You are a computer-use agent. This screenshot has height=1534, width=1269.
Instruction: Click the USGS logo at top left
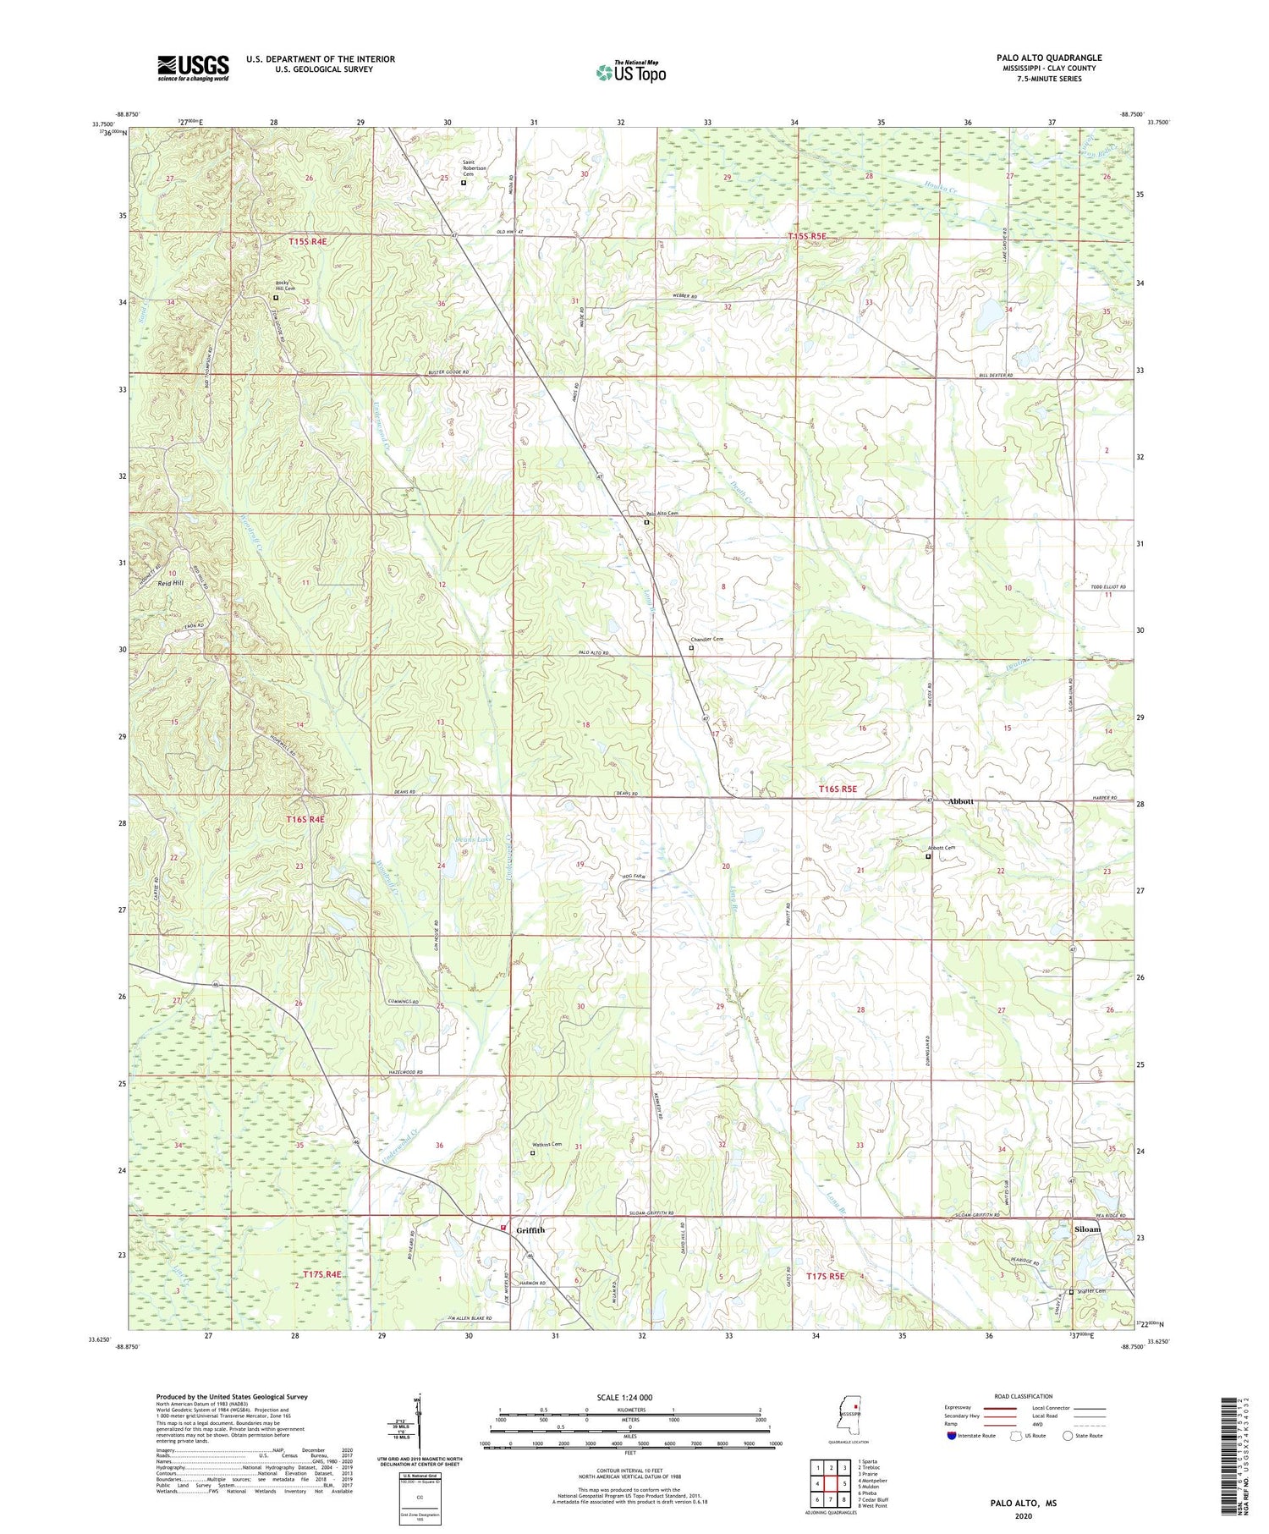[x=193, y=68]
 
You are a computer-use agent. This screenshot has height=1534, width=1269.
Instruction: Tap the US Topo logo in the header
[x=630, y=72]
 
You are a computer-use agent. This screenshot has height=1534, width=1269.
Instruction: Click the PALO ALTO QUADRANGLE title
[x=1048, y=58]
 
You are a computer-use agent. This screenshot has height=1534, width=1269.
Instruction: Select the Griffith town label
[x=530, y=1230]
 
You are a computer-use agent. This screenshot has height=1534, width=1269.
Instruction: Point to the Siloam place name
[x=1087, y=1229]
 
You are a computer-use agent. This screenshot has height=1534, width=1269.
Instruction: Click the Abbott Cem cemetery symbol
[x=927, y=856]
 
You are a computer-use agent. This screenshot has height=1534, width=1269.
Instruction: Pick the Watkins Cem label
[x=547, y=1145]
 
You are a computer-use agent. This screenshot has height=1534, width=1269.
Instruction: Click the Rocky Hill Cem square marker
[x=275, y=298]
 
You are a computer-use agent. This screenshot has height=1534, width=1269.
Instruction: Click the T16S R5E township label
[x=838, y=789]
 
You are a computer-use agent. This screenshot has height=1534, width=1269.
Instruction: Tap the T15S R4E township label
[x=307, y=241]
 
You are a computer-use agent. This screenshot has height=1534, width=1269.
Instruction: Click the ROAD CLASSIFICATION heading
[x=1024, y=1396]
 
